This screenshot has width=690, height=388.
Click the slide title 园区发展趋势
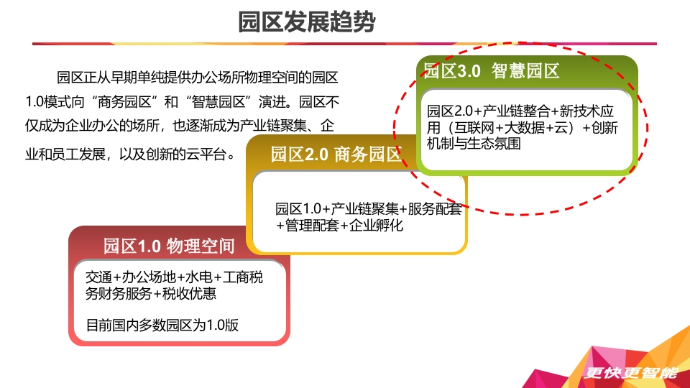point(307,22)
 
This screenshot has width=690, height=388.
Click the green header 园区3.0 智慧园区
point(491,71)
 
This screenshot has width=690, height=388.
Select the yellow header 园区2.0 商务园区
point(336,154)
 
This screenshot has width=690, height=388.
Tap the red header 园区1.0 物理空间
point(169,246)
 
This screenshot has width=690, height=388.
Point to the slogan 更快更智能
point(631,373)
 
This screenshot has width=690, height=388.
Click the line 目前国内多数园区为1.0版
point(162,325)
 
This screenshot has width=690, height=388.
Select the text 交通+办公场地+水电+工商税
point(174,277)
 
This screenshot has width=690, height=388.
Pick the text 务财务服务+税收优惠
point(150,293)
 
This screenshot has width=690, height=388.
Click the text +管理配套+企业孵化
point(339,226)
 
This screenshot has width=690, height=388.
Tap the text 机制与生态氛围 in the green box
point(474,144)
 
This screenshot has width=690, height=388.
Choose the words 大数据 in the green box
point(524,128)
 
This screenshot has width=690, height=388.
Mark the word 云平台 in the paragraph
point(206,154)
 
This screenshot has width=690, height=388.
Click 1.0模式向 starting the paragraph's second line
point(55,102)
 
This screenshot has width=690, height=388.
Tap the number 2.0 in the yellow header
point(316,154)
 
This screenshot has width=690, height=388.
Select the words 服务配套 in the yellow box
point(435,209)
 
